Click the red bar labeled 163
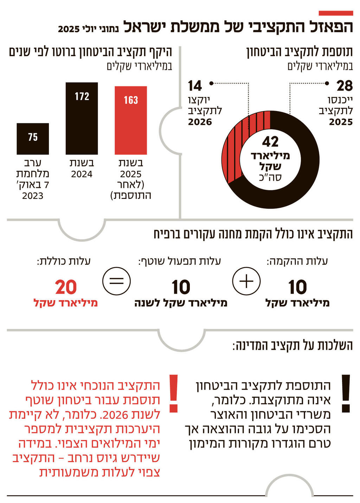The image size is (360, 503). [131, 120]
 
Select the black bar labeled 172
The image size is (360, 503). [82, 118]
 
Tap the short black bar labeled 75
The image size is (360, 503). [33, 139]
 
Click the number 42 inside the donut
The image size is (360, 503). [270, 142]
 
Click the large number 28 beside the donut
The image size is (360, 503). [344, 86]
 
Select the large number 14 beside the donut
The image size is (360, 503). [195, 86]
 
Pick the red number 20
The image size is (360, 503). [66, 287]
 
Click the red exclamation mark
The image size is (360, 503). [174, 393]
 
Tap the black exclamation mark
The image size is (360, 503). [346, 393]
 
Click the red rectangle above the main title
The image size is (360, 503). [335, 13]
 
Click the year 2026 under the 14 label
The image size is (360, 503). [200, 122]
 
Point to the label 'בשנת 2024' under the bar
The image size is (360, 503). [82, 169]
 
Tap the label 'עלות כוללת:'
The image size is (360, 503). [64, 261]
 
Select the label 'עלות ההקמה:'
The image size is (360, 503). [297, 261]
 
